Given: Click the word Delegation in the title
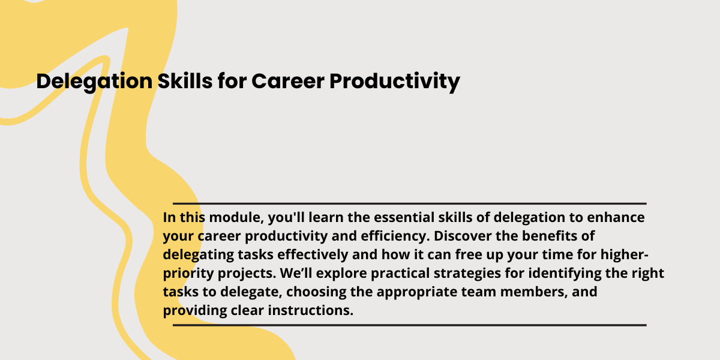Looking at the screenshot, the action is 94,82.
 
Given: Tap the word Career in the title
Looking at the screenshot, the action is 287,81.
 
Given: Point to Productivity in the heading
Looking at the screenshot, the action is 395,82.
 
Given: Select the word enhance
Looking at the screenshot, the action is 616,217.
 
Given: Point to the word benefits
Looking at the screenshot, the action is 550,236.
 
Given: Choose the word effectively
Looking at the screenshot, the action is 313,255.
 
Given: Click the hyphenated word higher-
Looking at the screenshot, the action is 625,255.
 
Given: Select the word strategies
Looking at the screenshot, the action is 467,274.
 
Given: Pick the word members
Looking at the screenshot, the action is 534,292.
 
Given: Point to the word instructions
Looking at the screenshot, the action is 311,311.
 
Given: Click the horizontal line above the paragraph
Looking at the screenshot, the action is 409,203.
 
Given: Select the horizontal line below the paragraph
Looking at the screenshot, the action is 409,325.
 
